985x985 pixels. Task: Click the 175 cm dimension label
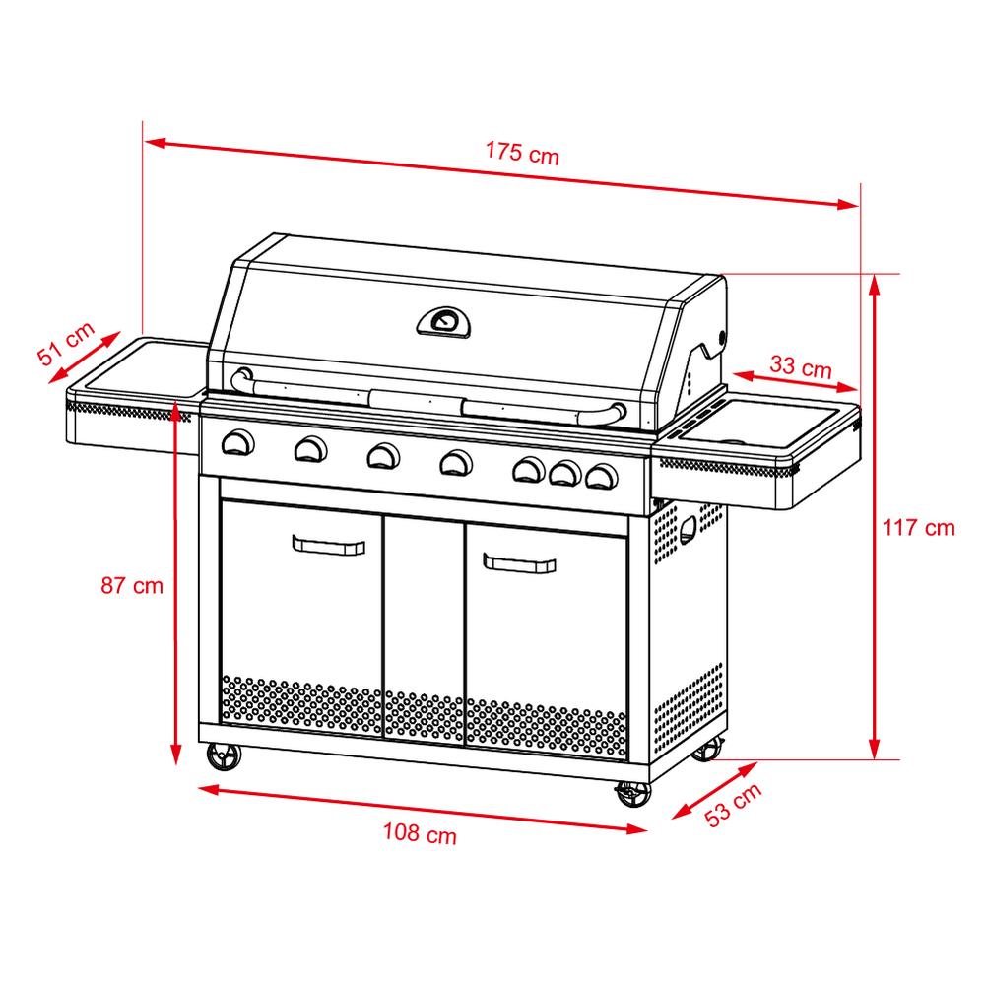pos(522,153)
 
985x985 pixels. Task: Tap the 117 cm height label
pos(918,528)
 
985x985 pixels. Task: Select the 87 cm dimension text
pos(132,585)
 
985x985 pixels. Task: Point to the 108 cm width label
pos(420,833)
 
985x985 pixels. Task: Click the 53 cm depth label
pos(733,805)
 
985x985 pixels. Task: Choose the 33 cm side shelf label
pos(801,366)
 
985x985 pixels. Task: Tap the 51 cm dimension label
pos(66,343)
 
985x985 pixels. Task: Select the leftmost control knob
pos(238,442)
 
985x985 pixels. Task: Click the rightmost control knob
pos(602,476)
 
